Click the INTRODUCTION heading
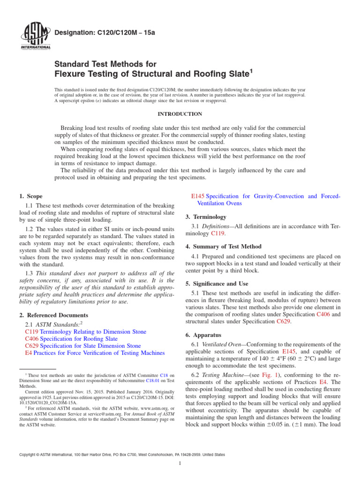180,114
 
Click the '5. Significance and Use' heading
220,284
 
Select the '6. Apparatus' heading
205,335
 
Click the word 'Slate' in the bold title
234,73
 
